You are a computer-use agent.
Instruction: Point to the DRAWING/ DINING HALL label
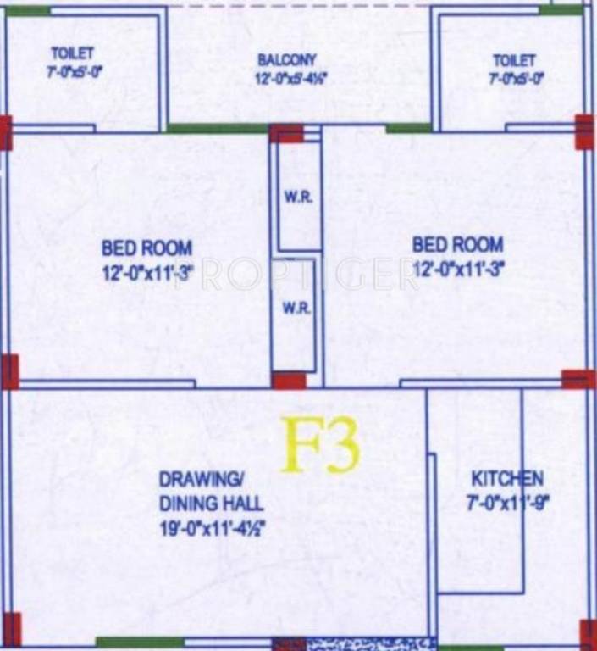coord(211,491)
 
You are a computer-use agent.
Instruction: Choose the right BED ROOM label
coord(457,245)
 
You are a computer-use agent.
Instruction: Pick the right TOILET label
coord(514,60)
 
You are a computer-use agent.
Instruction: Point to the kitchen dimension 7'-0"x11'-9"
coord(507,500)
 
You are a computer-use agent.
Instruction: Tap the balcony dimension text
coord(291,79)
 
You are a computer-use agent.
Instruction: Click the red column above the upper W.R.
coord(286,133)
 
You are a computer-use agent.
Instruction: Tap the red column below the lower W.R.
coord(289,381)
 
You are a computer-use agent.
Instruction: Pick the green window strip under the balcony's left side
coord(217,129)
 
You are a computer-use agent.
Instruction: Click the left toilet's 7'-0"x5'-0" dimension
coord(75,73)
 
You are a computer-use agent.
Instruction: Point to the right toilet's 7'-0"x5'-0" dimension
coord(515,79)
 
